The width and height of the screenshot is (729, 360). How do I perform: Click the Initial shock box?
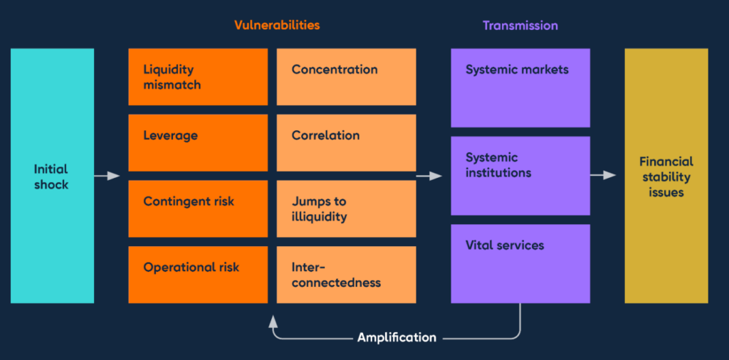point(52,176)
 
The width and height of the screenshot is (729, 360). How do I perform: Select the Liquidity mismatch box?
point(198,77)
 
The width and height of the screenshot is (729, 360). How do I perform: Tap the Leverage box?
point(198,142)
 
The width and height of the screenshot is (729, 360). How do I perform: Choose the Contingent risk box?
point(198,208)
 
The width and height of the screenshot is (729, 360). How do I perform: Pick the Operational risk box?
point(198,275)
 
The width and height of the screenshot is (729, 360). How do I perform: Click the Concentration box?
point(347,77)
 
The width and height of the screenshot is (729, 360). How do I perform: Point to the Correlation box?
point(347,142)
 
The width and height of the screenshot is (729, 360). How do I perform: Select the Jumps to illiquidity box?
point(347,208)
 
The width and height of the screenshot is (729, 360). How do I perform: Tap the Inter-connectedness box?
point(347,275)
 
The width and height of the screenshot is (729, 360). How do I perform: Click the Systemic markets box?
point(520,88)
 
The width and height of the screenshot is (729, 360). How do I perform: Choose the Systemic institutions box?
point(520,176)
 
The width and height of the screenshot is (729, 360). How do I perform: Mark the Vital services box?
point(520,263)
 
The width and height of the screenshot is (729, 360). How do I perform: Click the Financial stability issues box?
point(666,176)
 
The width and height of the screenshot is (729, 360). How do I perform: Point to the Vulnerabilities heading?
point(277,25)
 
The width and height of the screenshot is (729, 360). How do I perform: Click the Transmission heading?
point(520,25)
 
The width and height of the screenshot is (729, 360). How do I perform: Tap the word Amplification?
point(397,337)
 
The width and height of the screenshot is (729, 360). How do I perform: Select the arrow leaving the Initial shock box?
point(107,176)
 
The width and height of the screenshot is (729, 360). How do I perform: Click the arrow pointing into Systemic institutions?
point(429,176)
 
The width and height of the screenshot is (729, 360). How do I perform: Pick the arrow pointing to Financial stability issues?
point(603,176)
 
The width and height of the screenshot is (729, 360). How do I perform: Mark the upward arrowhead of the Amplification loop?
point(273,320)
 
